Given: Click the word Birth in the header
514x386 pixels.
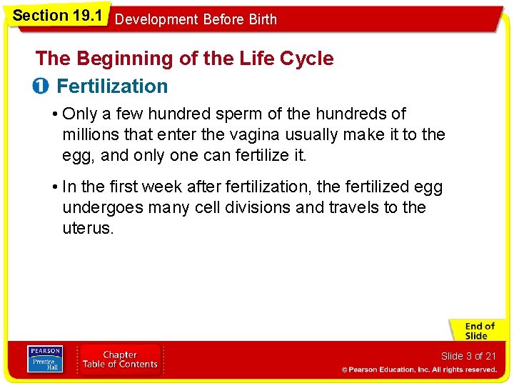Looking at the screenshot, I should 261,19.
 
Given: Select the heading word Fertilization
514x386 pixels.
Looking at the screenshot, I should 112,86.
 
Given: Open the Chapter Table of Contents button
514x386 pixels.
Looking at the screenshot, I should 120,360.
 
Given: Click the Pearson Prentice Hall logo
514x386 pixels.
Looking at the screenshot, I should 45,360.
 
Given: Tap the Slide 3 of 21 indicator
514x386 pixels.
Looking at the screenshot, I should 468,356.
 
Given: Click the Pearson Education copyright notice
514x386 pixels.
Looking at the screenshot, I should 418,370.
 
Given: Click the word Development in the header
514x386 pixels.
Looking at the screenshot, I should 156,19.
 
